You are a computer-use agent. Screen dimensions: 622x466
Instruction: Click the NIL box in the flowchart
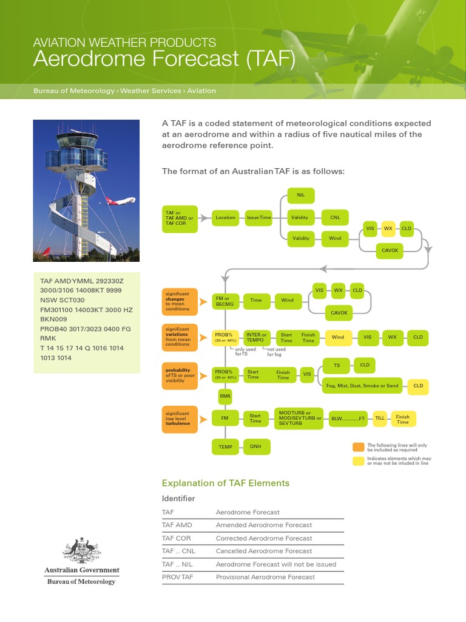pos(300,195)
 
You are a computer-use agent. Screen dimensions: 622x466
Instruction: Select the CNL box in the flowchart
pos(335,217)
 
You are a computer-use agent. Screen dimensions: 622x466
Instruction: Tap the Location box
pos(225,217)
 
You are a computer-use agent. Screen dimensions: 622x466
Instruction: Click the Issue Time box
pos(258,217)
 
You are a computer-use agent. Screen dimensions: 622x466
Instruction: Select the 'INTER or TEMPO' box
pos(256,338)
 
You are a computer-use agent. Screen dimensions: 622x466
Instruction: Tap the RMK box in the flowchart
pos(225,395)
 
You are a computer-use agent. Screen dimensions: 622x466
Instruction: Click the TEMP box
pos(225,446)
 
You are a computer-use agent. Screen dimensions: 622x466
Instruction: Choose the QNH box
pos(256,446)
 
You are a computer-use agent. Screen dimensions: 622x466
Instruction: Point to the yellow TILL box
pos(380,419)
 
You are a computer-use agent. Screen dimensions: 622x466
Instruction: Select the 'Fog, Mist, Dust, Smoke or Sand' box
pos(362,386)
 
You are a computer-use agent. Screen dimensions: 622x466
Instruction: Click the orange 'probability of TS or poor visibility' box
pos(180,374)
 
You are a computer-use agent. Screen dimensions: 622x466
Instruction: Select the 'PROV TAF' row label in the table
pos(178,577)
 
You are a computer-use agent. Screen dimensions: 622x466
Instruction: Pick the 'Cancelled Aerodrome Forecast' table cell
pos(264,551)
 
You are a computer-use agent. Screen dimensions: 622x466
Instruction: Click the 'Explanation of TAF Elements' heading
pos(225,483)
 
